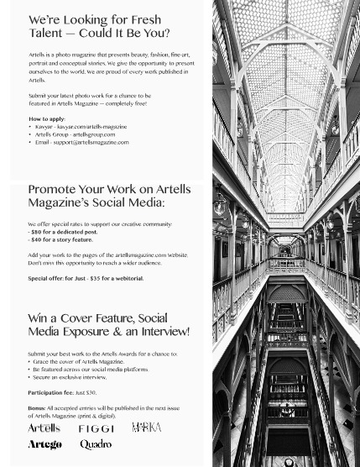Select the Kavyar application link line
coord(81,127)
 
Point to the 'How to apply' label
coord(47,119)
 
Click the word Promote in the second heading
coord(53,190)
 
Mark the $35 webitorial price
coord(97,278)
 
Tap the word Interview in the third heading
coord(159,332)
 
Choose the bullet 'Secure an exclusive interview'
coord(70,377)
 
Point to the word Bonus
coord(36,407)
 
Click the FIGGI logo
coord(96,428)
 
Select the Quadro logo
coord(96,444)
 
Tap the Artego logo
coord(44,444)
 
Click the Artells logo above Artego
coord(44,428)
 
